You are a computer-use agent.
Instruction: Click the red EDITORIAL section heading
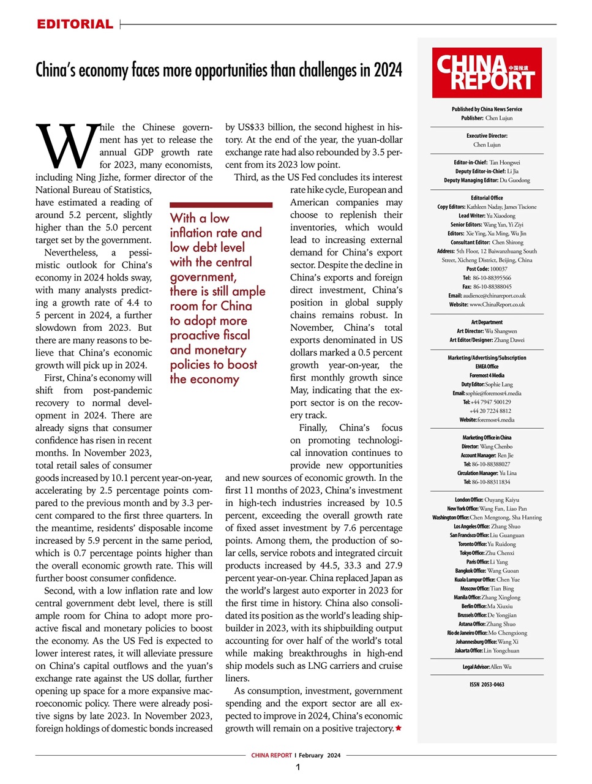point(75,24)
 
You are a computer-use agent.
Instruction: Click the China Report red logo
point(487,73)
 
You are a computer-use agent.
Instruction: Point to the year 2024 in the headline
point(388,70)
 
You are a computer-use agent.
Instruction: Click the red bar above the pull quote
point(221,205)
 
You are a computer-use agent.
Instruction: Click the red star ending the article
point(399,728)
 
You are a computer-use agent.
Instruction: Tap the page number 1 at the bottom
point(298,767)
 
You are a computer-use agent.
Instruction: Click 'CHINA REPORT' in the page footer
point(271,755)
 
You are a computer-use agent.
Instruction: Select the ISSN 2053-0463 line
point(487,685)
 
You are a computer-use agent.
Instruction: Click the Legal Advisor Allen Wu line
point(487,667)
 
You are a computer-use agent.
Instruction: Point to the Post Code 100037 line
point(487,269)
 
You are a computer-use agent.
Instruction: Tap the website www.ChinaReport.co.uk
point(496,304)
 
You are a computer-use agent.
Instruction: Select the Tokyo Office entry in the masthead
point(487,553)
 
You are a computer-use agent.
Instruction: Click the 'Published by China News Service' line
point(487,109)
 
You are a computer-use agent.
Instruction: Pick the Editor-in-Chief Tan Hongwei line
point(487,163)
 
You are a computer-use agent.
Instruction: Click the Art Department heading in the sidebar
point(487,322)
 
